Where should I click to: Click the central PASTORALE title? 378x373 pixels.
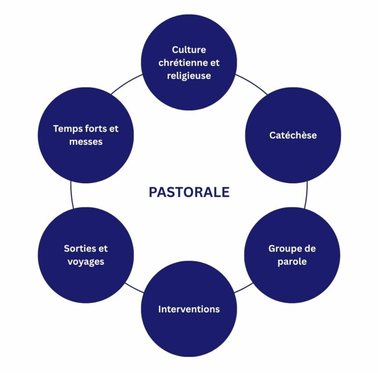click(189, 192)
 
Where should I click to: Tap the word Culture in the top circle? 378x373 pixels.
click(189, 50)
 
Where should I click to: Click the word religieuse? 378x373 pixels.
click(189, 76)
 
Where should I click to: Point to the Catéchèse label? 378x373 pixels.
click(293, 135)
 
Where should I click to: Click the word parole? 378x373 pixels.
click(292, 262)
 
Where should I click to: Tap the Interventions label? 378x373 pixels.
click(189, 309)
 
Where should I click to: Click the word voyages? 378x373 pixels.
click(86, 262)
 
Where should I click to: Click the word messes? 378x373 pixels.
click(86, 142)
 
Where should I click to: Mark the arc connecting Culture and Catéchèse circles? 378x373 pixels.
click(252, 83)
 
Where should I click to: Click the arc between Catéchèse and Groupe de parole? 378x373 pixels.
click(307, 195)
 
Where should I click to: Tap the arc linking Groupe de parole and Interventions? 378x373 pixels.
click(244, 288)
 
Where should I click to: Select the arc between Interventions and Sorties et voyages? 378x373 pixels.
click(134, 288)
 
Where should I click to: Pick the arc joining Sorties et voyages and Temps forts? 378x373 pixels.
click(71, 195)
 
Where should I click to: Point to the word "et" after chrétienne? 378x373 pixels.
click(215, 63)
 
